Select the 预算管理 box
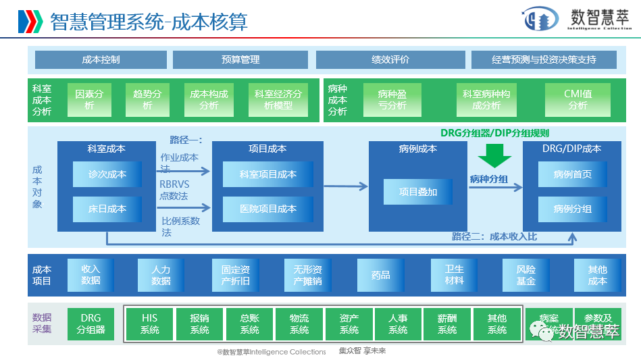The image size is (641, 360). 240,59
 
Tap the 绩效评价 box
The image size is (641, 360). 390,59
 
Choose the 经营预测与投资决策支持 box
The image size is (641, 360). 543,59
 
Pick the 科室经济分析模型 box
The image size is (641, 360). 278,100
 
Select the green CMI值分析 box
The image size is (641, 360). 578,100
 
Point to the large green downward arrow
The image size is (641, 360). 495,155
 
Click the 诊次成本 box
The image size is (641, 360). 107,174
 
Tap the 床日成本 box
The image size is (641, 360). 107,209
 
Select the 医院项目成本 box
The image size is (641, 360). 267,209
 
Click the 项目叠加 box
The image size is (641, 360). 418,192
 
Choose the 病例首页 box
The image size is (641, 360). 572,174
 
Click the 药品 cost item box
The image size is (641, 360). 381,275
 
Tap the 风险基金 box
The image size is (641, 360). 526,275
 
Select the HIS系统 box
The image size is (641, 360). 150,324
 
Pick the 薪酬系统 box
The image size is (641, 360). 447,324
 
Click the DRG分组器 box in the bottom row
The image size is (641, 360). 91,324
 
